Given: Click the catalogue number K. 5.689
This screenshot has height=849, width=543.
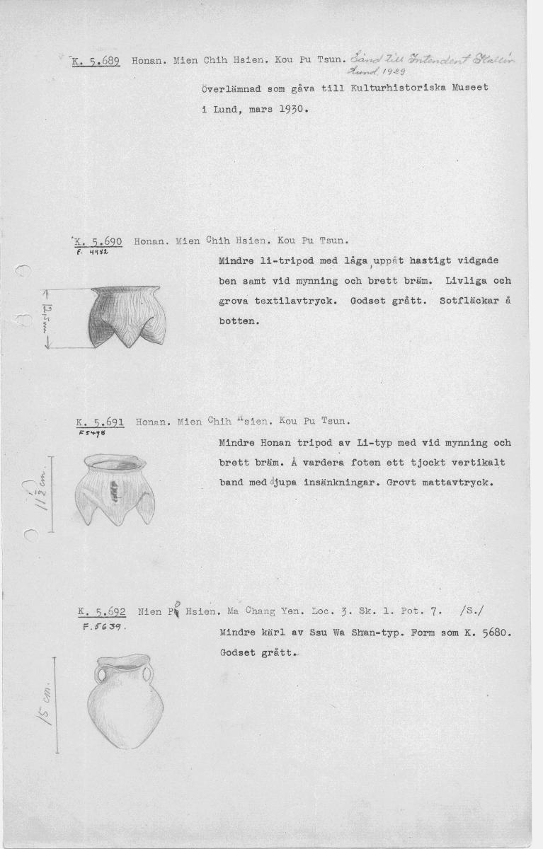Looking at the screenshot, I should [98, 61].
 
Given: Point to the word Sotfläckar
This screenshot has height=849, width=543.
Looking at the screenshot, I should [470, 301].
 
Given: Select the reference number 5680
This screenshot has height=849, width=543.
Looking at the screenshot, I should [495, 633].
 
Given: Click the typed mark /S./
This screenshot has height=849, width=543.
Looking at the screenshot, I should [471, 613].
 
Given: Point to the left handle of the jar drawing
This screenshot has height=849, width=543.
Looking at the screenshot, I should [102, 676].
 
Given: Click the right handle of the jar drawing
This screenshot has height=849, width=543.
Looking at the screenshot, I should [147, 676].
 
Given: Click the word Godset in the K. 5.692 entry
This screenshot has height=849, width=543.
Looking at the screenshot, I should [237, 653].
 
